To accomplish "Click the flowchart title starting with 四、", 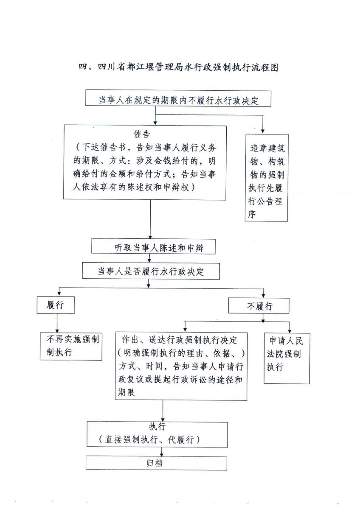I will (x=178, y=67).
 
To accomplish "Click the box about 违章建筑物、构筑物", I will (x=266, y=177).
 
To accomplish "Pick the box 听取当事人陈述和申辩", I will (x=154, y=247).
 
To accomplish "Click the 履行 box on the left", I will (x=55, y=305).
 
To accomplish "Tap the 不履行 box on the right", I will (x=259, y=306).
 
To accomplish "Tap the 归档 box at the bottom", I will (x=156, y=463).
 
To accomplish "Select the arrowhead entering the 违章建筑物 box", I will (x=263, y=131).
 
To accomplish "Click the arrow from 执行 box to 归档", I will (x=162, y=452).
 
